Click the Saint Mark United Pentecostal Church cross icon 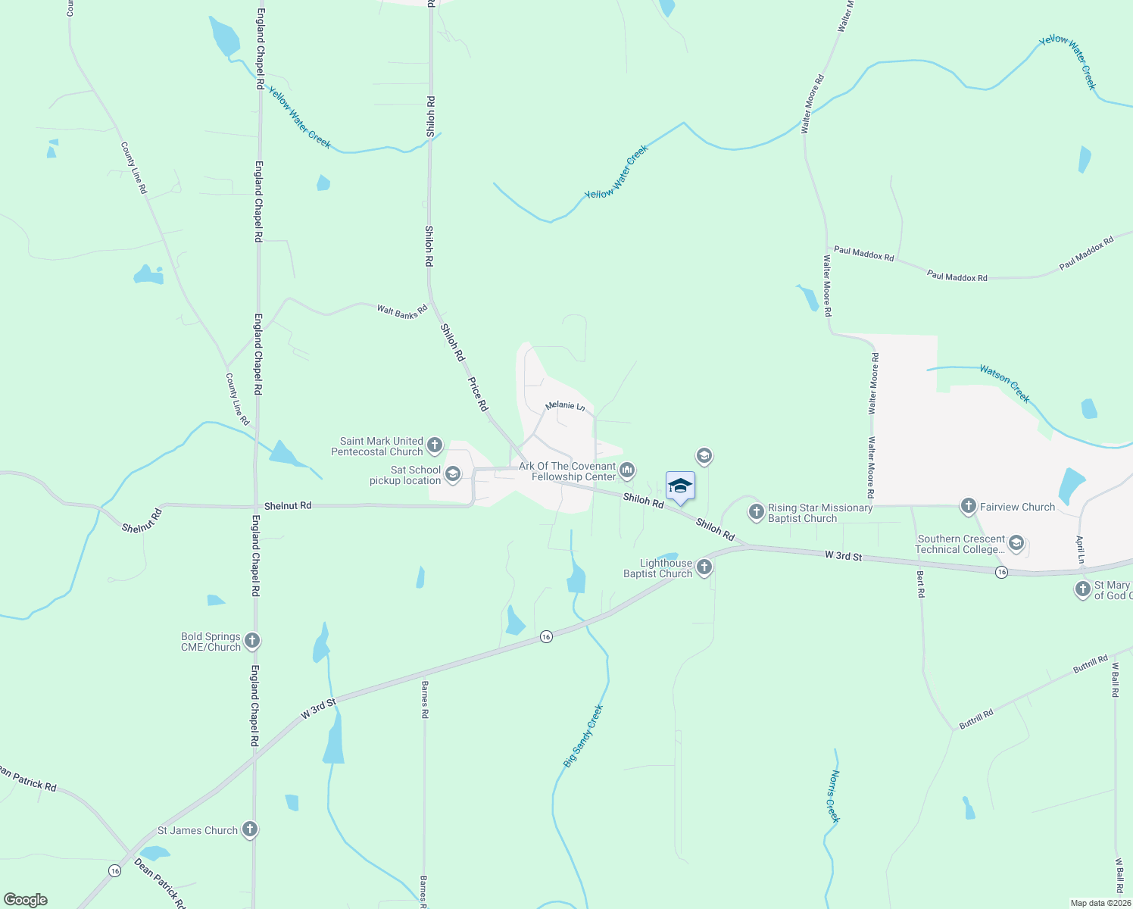pyautogui.click(x=435, y=445)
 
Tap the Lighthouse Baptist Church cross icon pyautogui.click(x=704, y=567)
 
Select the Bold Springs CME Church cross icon pyautogui.click(x=253, y=641)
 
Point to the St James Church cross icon pyautogui.click(x=250, y=830)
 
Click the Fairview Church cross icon pyautogui.click(x=968, y=506)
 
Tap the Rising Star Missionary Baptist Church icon pyautogui.click(x=756, y=512)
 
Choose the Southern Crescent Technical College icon pyautogui.click(x=1016, y=543)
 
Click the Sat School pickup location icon pyautogui.click(x=453, y=475)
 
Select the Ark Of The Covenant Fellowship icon pyautogui.click(x=627, y=471)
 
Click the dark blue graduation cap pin pyautogui.click(x=680, y=486)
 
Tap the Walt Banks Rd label pyautogui.click(x=402, y=311)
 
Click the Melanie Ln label pyautogui.click(x=565, y=406)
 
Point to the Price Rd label pyautogui.click(x=478, y=394)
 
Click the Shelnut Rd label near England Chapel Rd pyautogui.click(x=288, y=505)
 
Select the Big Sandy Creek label pyautogui.click(x=583, y=736)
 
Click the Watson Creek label pyautogui.click(x=1005, y=383)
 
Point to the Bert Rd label pyautogui.click(x=921, y=584)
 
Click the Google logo pyautogui.click(x=25, y=900)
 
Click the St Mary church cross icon pyautogui.click(x=1083, y=589)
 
